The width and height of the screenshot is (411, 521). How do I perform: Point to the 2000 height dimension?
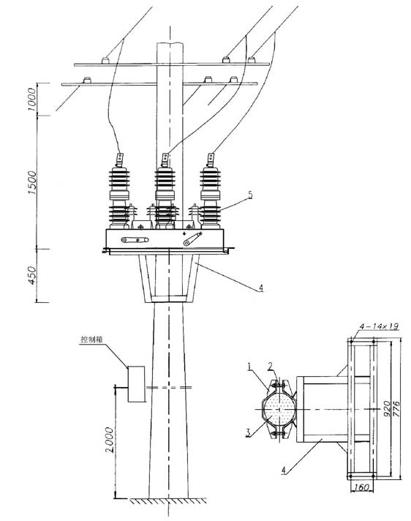pos(108,438)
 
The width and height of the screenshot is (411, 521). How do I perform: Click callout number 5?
pos(249,195)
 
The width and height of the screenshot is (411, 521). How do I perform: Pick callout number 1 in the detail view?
pos(249,365)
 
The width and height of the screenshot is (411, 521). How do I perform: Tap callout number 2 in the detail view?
pos(270,365)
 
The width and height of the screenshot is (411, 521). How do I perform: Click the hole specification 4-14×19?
pos(379,328)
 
